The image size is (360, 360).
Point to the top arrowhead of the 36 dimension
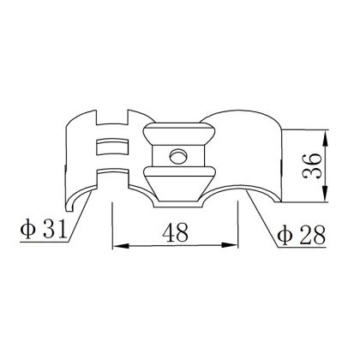coord(327,135)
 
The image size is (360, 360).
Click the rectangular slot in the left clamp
coord(112,147)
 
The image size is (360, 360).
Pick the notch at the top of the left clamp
coord(112,116)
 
